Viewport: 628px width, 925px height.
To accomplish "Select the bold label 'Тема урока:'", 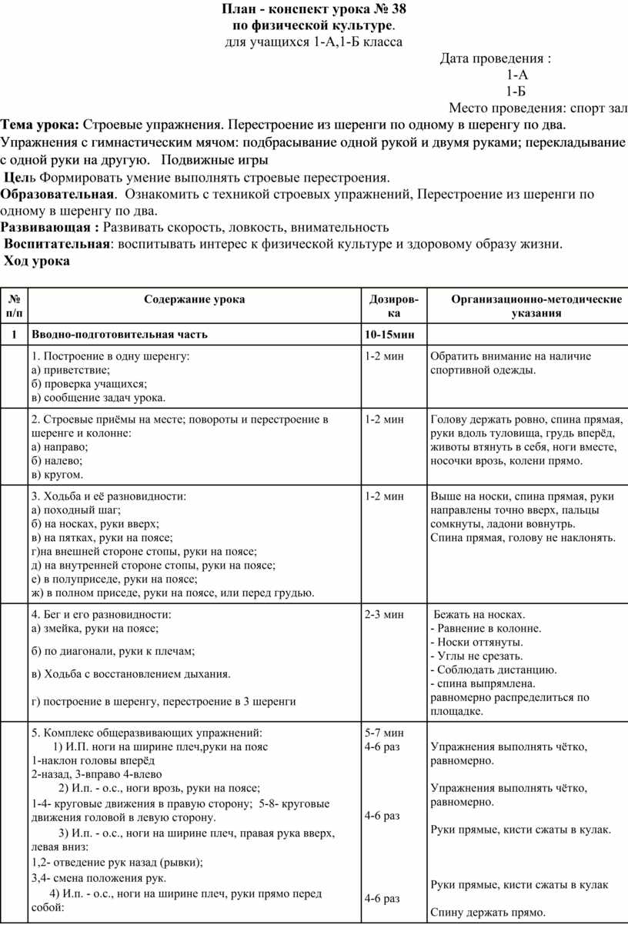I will (40, 124).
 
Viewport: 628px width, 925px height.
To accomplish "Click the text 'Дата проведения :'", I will (495, 58).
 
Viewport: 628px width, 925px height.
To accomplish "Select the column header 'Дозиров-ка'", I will (394, 307).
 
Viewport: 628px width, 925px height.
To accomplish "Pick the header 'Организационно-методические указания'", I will (526, 307).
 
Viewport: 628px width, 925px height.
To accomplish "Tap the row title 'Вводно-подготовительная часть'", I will (119, 335).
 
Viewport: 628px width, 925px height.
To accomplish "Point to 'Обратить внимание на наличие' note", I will (510, 356).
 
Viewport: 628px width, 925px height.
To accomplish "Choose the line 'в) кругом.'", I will (57, 475).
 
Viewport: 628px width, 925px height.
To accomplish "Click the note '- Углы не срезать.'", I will (477, 656).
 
